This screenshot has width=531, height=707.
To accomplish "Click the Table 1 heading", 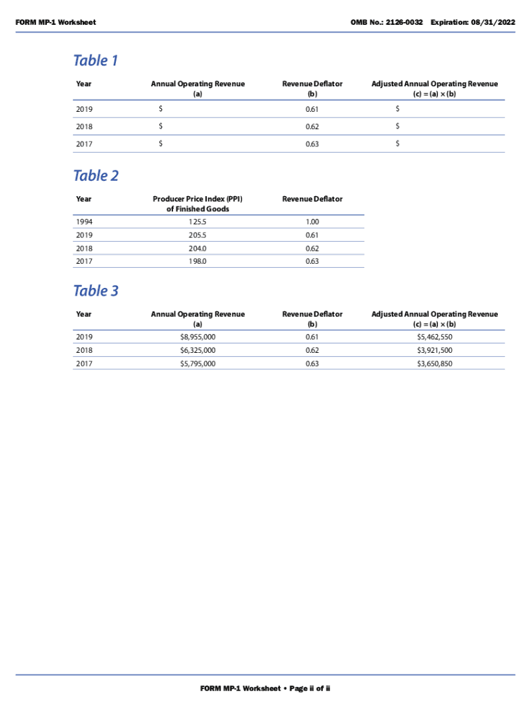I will [x=95, y=61].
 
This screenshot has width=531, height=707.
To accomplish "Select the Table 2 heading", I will [x=95, y=176].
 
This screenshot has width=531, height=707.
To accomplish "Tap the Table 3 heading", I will [x=95, y=291].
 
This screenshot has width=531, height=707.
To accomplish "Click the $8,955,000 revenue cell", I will [x=197, y=337].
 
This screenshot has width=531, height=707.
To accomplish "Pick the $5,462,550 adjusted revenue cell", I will [x=434, y=337].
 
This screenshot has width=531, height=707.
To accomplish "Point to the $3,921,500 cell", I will [x=434, y=350].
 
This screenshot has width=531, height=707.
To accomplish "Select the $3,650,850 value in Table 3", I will [x=434, y=363].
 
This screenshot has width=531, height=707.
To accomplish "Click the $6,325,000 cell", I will [x=197, y=350].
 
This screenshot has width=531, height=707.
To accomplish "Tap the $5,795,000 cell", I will [x=197, y=363].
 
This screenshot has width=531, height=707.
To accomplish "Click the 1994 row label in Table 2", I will [x=84, y=222].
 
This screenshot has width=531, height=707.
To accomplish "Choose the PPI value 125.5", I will [x=197, y=222].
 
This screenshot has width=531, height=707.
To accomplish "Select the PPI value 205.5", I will [x=197, y=235].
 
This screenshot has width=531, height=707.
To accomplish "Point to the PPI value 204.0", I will [x=197, y=248].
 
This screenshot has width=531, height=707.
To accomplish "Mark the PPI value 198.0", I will [x=197, y=261].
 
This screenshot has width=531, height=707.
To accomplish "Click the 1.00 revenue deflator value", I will [x=312, y=222].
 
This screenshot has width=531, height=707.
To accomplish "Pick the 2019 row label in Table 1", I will [x=84, y=109].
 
